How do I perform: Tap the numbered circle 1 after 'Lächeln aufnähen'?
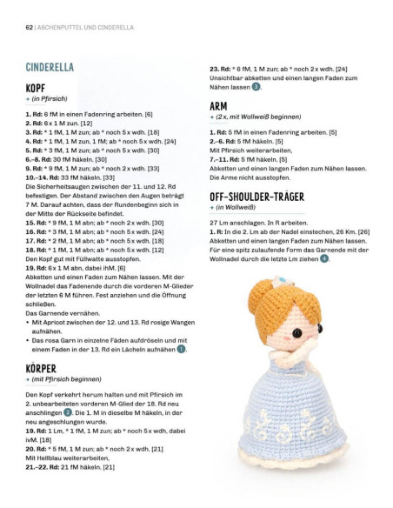[181, 349]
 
